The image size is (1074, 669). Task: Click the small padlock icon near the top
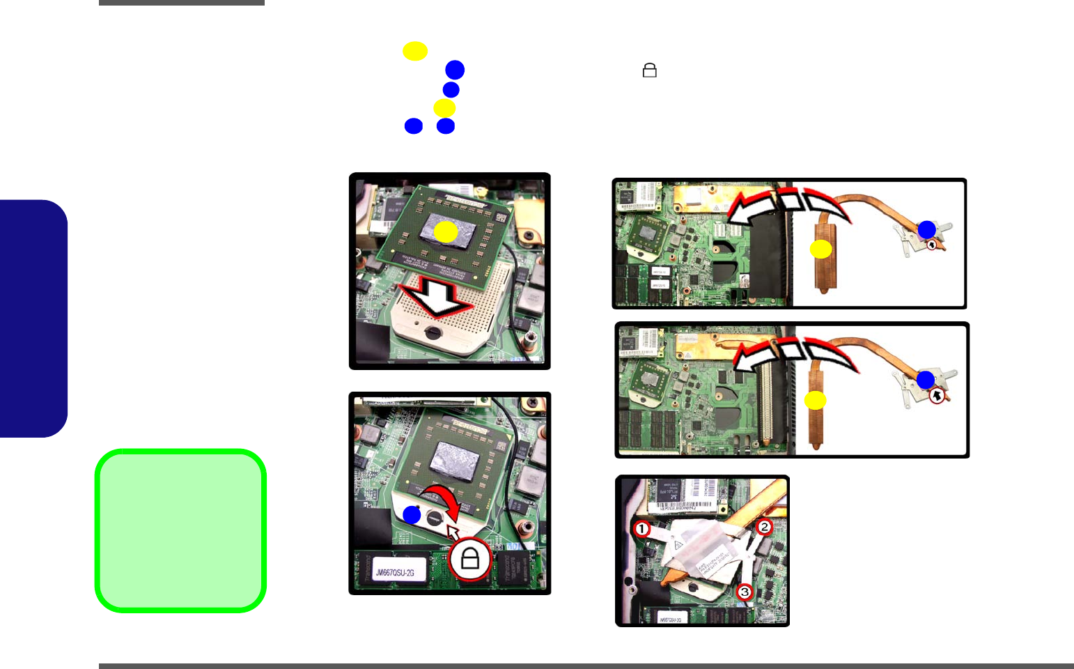649,70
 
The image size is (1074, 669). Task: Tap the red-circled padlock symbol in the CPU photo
470,559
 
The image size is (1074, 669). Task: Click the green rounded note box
180,530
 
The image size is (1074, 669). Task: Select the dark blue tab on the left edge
33,318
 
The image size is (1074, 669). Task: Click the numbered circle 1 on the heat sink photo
641,528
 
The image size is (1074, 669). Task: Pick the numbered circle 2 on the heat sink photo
764,527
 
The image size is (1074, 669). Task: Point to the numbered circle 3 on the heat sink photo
745,592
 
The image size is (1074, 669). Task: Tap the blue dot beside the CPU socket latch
412,515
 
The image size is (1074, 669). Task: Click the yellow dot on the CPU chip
446,232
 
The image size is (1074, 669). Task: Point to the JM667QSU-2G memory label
395,573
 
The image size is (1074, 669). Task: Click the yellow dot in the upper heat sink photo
821,249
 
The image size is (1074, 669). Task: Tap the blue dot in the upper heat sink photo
926,229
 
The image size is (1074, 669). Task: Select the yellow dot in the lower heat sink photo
815,400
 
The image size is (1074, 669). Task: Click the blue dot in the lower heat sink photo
925,380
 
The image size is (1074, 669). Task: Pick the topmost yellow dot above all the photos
415,51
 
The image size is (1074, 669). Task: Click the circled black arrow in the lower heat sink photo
937,395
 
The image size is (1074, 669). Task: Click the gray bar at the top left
181,3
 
